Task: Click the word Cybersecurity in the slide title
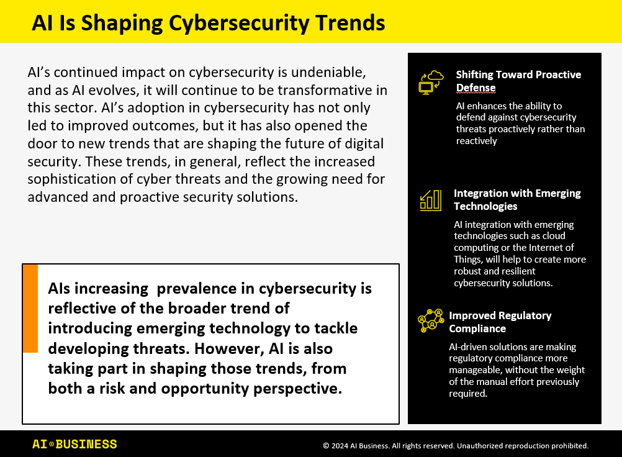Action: pos(239,24)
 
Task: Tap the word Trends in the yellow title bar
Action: pos(350,22)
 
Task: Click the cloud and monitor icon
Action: pos(431,82)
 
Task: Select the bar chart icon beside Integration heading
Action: pos(430,200)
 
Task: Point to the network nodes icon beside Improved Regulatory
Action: pos(431,320)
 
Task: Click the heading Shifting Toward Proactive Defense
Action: pos(518,81)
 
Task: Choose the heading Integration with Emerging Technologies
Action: pos(517,199)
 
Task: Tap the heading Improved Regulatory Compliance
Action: pos(500,322)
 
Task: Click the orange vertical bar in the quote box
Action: pos(30,309)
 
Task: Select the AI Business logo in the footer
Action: pos(74,445)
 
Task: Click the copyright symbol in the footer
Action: pos(326,446)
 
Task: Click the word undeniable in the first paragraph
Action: pos(328,72)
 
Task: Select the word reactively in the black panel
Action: pos(476,141)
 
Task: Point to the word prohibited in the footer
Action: pos(570,446)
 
